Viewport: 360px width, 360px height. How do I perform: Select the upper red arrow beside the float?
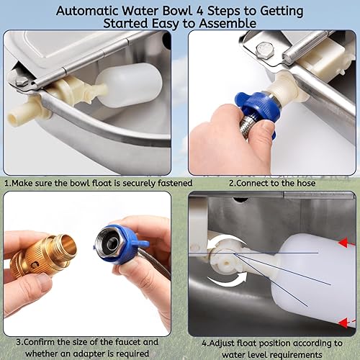(x=348, y=242)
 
